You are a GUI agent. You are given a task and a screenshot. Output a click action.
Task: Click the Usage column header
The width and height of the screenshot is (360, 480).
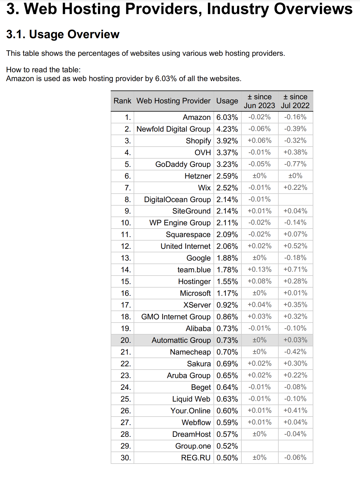point(227,101)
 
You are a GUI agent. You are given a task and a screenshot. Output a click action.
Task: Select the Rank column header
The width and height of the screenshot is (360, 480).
point(122,101)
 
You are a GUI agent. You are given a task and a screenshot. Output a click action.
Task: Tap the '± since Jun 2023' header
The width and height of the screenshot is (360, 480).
point(259,101)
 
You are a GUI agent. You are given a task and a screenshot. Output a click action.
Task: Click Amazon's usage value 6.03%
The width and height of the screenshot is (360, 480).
point(227,117)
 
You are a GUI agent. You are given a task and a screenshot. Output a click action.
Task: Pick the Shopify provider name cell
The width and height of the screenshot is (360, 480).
point(198,141)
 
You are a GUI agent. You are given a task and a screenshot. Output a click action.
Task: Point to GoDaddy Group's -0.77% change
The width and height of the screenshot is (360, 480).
point(295,164)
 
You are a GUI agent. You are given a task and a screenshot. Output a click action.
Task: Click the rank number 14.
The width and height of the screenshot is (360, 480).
point(126,270)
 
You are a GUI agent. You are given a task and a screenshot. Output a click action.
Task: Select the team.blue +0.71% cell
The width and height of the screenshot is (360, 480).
point(295,269)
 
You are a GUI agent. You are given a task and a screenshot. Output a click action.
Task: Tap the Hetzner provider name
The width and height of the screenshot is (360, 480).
point(198,176)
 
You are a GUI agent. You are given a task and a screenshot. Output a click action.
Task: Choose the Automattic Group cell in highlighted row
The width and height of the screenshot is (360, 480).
point(181,340)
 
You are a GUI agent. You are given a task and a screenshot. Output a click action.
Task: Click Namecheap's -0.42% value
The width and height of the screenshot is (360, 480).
point(295,352)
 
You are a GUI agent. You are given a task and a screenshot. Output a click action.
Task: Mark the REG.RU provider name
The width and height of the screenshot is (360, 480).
point(196,458)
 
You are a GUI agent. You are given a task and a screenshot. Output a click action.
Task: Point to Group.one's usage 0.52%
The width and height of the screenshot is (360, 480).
point(227,446)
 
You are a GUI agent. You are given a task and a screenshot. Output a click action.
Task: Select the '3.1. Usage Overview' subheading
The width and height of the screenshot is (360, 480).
point(63,34)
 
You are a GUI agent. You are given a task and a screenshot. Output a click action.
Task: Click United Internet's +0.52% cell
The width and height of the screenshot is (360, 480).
point(295,246)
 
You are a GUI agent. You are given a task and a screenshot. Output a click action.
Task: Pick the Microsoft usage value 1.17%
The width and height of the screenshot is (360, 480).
point(227,293)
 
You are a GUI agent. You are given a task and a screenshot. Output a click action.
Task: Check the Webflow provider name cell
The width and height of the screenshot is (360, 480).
point(196,422)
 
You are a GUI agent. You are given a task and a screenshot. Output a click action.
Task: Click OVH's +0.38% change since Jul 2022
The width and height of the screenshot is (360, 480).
point(295,152)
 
